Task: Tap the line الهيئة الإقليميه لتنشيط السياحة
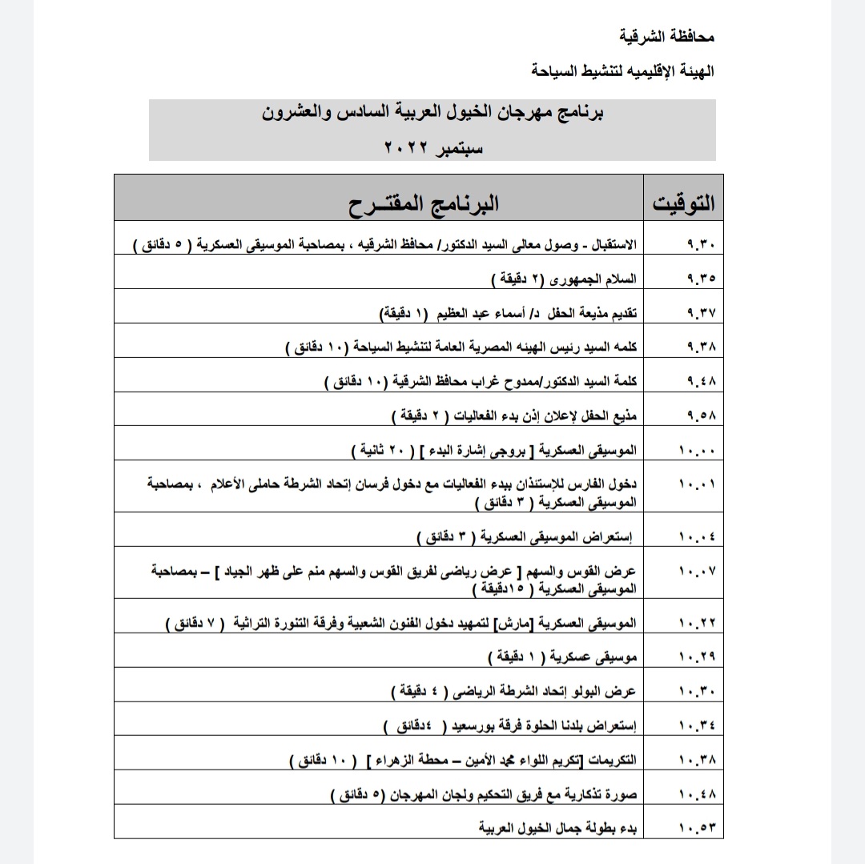click(x=622, y=70)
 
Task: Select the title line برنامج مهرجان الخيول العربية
click(x=432, y=113)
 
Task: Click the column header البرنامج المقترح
click(x=423, y=203)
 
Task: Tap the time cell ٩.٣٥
click(x=701, y=279)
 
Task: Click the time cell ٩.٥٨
click(x=701, y=416)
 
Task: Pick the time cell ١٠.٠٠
click(x=697, y=450)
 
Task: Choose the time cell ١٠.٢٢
click(x=697, y=623)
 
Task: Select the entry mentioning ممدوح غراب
click(x=481, y=381)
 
